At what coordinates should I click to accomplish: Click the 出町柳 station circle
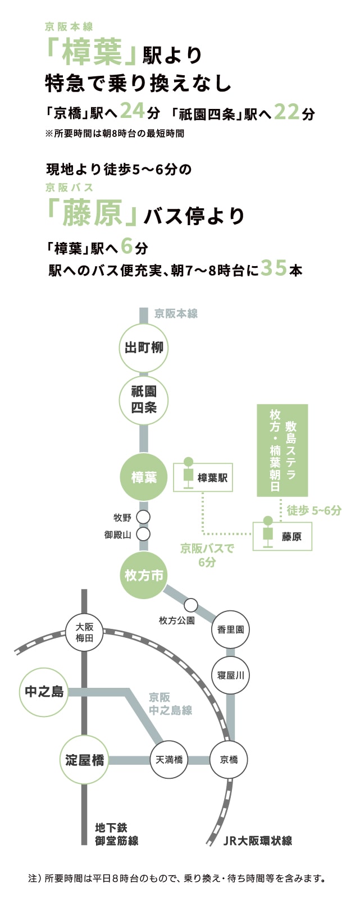[144, 348]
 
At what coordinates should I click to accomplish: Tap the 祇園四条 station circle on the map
[144, 400]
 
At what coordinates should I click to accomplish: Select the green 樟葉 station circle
[144, 477]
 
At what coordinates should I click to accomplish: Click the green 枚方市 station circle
[144, 575]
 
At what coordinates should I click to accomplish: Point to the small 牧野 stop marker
[144, 517]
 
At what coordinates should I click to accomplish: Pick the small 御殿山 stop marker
[144, 534]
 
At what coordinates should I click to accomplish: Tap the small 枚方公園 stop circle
[191, 605]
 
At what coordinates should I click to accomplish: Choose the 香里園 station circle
[230, 629]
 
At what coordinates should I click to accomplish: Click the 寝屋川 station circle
[230, 675]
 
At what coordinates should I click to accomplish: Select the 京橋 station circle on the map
[229, 760]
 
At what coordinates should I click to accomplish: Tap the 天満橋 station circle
[169, 760]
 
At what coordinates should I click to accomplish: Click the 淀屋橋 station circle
[84, 760]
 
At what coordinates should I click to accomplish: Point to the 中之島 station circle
[44, 692]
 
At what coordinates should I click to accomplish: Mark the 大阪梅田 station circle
[84, 633]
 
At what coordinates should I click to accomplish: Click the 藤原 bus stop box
[282, 536]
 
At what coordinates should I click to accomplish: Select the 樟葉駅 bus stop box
[203, 478]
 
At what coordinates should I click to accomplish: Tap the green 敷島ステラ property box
[282, 450]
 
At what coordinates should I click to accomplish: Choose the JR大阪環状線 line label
[258, 841]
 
